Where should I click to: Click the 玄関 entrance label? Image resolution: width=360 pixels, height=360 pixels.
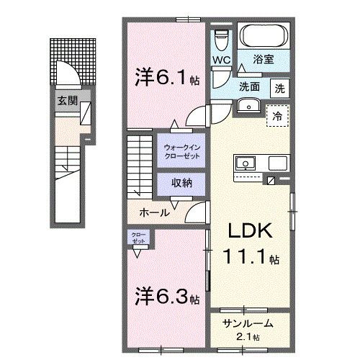[67, 101]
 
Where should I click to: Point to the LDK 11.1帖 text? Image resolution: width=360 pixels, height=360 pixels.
[250, 243]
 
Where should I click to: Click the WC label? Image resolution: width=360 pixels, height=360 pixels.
[220, 60]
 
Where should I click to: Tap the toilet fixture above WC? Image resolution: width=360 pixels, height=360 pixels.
[222, 38]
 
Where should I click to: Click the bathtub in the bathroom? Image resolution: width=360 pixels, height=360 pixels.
[264, 36]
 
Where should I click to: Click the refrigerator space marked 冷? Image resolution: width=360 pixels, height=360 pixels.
[277, 115]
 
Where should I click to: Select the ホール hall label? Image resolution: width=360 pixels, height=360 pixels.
[154, 213]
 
